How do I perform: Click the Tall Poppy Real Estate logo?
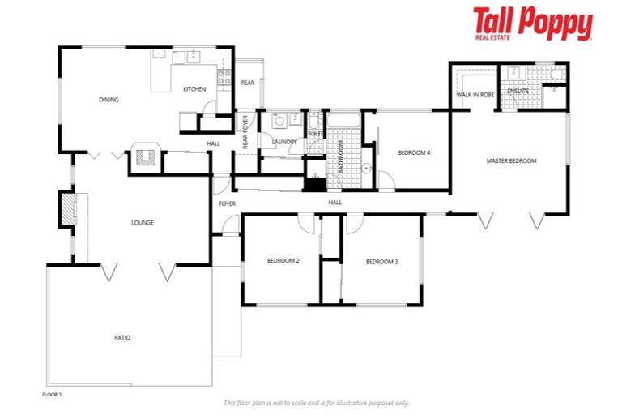[532, 24]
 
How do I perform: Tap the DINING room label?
[109, 100]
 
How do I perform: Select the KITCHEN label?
[194, 89]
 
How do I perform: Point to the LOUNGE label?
[143, 222]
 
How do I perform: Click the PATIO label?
[121, 337]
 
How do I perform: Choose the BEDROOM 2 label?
[283, 261]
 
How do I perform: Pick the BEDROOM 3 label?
[381, 261]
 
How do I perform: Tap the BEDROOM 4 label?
[413, 152]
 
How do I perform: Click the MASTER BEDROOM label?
[511, 160]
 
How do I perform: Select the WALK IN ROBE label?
[475, 95]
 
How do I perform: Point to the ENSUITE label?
[518, 91]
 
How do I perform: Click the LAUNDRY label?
[284, 142]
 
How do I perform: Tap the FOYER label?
[227, 203]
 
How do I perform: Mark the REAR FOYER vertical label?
[245, 131]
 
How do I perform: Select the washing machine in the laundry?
[279, 122]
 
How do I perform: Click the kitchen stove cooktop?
[224, 79]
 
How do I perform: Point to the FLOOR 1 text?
[52, 394]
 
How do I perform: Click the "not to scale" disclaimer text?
[316, 402]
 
